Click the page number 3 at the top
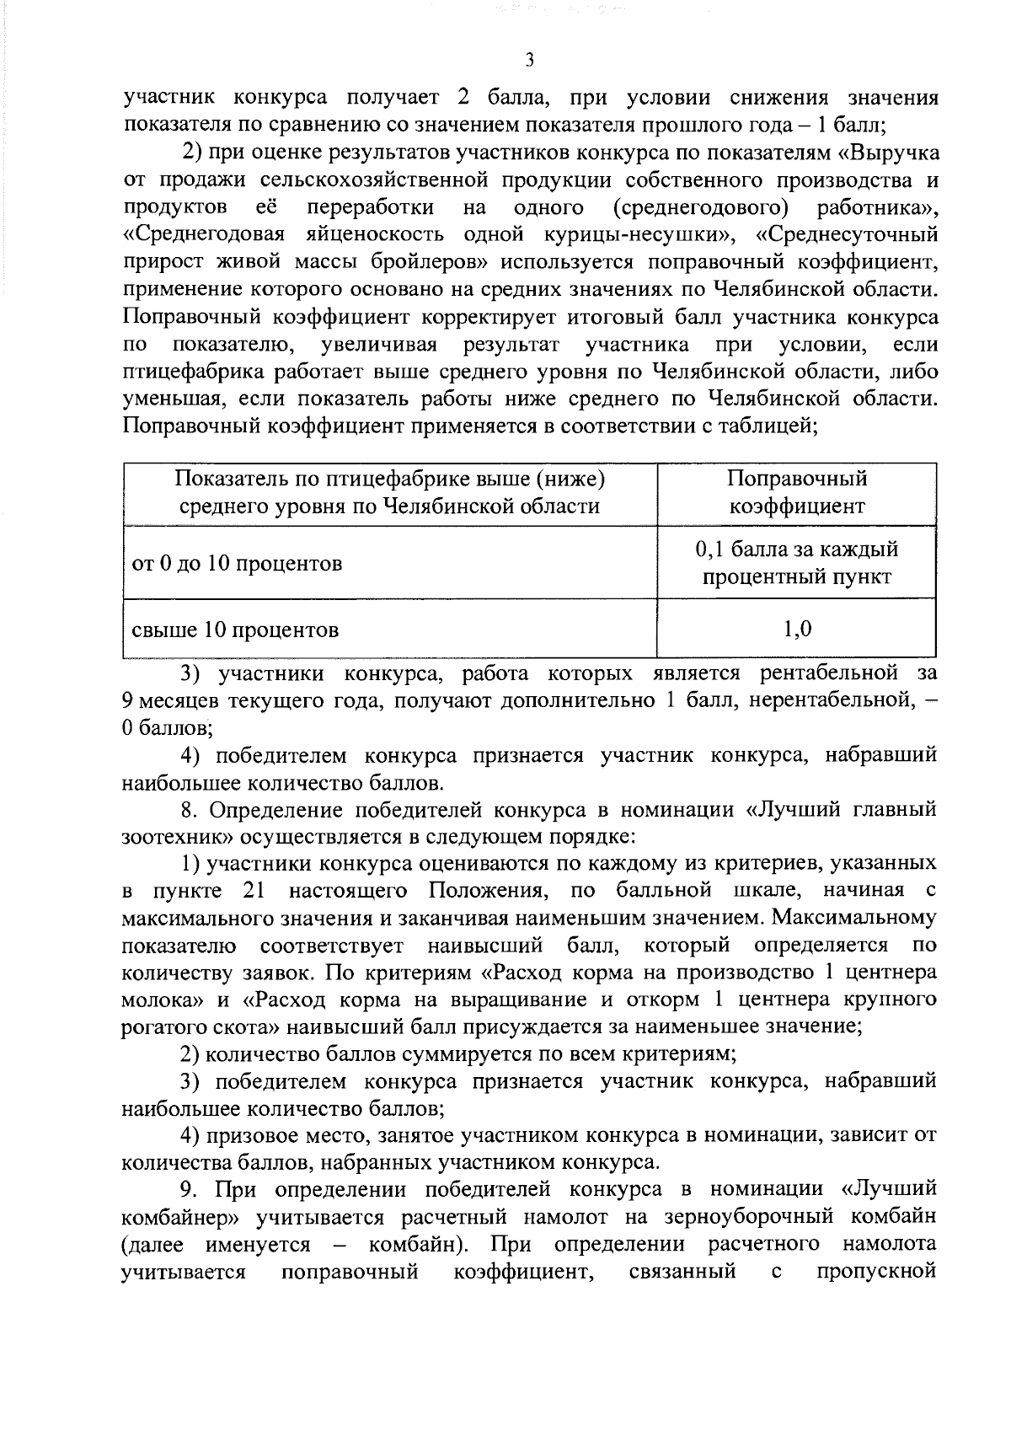click(x=528, y=59)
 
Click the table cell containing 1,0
click(x=796, y=629)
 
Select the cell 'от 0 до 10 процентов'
click(x=237, y=563)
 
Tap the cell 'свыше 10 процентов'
click(x=235, y=630)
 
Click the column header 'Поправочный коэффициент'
click(x=796, y=493)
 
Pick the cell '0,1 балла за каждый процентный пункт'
click(x=796, y=563)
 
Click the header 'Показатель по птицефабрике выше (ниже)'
click(x=390, y=480)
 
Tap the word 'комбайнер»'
click(x=175, y=1218)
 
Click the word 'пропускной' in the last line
click(x=876, y=1272)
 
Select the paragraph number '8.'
click(x=190, y=811)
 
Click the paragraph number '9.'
click(x=190, y=1190)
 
